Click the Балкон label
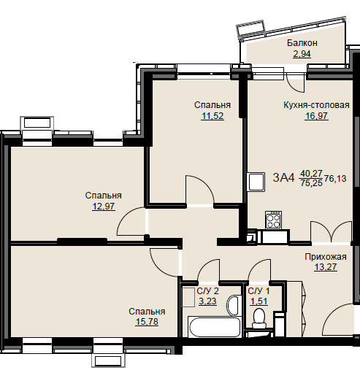(x=302, y=43)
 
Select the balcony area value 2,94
(x=302, y=54)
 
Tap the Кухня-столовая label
(x=316, y=105)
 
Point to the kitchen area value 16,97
(x=316, y=116)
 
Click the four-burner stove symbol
(x=273, y=220)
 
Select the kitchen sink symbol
(x=256, y=182)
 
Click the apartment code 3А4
(x=283, y=177)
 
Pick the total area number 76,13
(x=335, y=179)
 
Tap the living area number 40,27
(x=311, y=173)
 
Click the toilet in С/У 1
(x=259, y=318)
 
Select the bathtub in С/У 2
(x=215, y=327)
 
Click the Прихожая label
(x=326, y=257)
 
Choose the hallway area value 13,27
(x=326, y=267)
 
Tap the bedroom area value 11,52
(x=212, y=116)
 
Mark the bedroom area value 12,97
(x=104, y=207)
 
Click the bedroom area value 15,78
(x=147, y=322)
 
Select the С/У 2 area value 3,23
(x=207, y=301)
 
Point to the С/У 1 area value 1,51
(x=258, y=301)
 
